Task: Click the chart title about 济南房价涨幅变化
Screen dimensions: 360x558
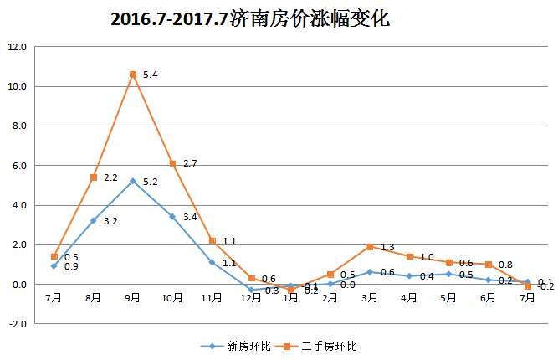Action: coord(250,18)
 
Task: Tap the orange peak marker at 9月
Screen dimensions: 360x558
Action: coord(133,75)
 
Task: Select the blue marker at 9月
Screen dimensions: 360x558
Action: coord(133,181)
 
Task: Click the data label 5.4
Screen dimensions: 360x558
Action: coord(151,75)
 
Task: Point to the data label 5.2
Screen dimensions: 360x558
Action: coord(151,182)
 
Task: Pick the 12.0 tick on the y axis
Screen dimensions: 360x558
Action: coord(18,47)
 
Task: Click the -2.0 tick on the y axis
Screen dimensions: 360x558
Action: coord(18,324)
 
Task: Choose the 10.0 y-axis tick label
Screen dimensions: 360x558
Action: coord(18,86)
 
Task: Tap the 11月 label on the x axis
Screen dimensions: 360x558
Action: coord(212,297)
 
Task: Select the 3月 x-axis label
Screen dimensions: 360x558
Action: coord(369,297)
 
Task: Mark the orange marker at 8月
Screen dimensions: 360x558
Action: coord(94,177)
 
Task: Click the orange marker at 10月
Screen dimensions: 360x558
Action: coord(172,163)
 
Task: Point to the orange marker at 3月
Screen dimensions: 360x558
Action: coord(369,246)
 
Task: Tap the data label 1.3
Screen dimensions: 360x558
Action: coord(387,248)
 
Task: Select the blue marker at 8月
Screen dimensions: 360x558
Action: coord(94,220)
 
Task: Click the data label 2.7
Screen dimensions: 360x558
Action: coord(190,164)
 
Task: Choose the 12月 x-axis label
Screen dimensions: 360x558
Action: coord(251,297)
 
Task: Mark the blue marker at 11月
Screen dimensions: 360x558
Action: coord(212,262)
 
